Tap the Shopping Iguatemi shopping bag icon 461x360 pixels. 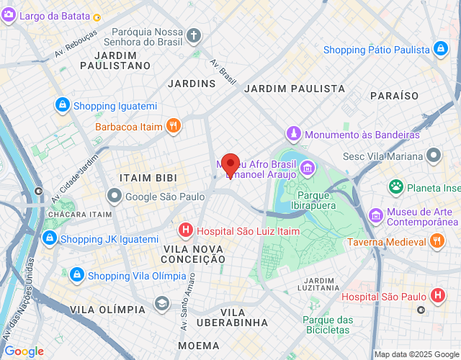point(63,105)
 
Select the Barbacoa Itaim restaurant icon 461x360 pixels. point(173,126)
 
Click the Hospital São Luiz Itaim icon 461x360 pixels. point(185,230)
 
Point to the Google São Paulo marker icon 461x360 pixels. point(115,196)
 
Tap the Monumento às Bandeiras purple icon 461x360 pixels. point(294,134)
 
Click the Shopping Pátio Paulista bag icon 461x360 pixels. point(439,49)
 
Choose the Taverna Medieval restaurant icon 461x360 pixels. point(437,242)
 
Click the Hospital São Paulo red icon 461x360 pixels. point(437,295)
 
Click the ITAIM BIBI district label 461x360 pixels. point(147,176)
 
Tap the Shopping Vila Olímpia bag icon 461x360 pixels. point(76,274)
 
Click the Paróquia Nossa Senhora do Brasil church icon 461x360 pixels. point(194,35)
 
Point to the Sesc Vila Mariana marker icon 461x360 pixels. point(434,155)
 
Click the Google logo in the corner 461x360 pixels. point(24,351)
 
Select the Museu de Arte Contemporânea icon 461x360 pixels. point(375,215)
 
